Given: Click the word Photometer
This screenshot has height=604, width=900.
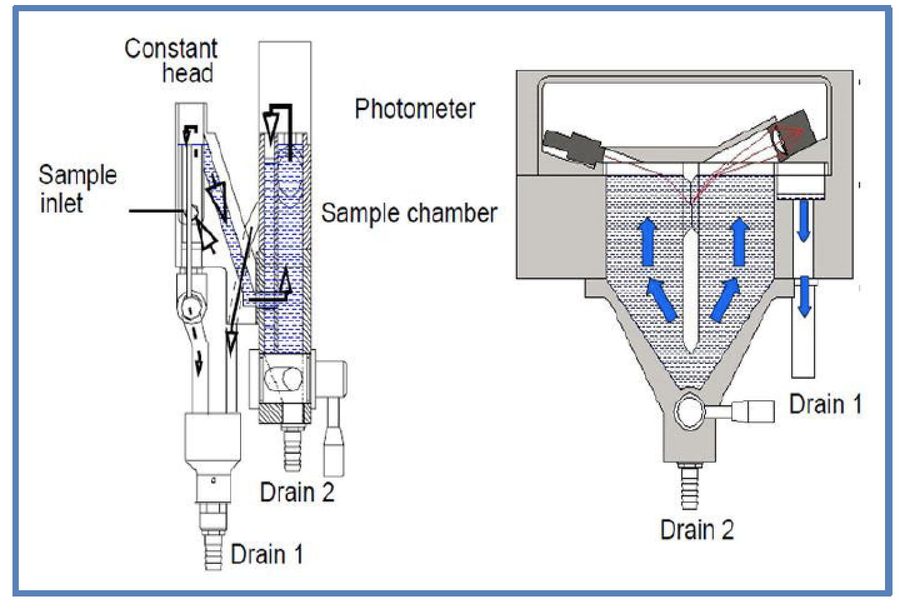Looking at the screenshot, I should pyautogui.click(x=415, y=109).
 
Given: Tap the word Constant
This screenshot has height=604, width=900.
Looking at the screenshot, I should pyautogui.click(x=171, y=49).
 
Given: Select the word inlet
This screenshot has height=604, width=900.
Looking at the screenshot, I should pyautogui.click(x=61, y=203).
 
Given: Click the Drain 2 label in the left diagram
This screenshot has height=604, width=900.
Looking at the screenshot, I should pyautogui.click(x=297, y=492).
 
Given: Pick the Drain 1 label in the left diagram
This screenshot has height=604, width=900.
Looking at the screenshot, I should pyautogui.click(x=267, y=554).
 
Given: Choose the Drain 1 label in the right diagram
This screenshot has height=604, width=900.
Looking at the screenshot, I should pyautogui.click(x=825, y=404).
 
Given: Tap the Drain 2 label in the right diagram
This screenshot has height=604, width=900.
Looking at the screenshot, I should pyautogui.click(x=697, y=530).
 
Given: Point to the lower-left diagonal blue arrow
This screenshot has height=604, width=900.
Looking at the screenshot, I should pyautogui.click(x=662, y=299).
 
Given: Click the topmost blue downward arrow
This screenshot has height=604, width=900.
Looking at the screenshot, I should pyautogui.click(x=804, y=219).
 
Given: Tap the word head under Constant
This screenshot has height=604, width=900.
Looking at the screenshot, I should pyautogui.click(x=187, y=73).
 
